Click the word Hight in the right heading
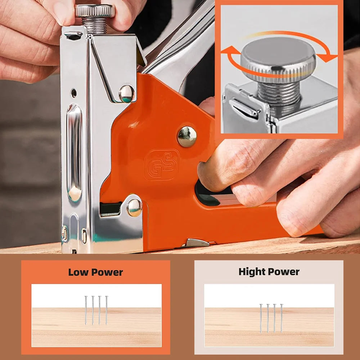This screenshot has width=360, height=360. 252,272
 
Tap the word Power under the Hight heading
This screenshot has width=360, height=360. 284,272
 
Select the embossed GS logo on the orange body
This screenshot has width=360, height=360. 162,165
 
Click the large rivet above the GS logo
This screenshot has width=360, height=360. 187,136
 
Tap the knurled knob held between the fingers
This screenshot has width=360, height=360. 95,10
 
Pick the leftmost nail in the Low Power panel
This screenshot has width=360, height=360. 86,310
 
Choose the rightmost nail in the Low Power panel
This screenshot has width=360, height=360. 107,310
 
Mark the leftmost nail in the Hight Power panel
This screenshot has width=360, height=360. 261,318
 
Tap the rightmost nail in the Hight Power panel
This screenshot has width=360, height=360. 282,318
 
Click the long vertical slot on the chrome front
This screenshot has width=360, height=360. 74,153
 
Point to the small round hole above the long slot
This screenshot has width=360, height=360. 74,93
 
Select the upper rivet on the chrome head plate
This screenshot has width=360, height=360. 126,94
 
